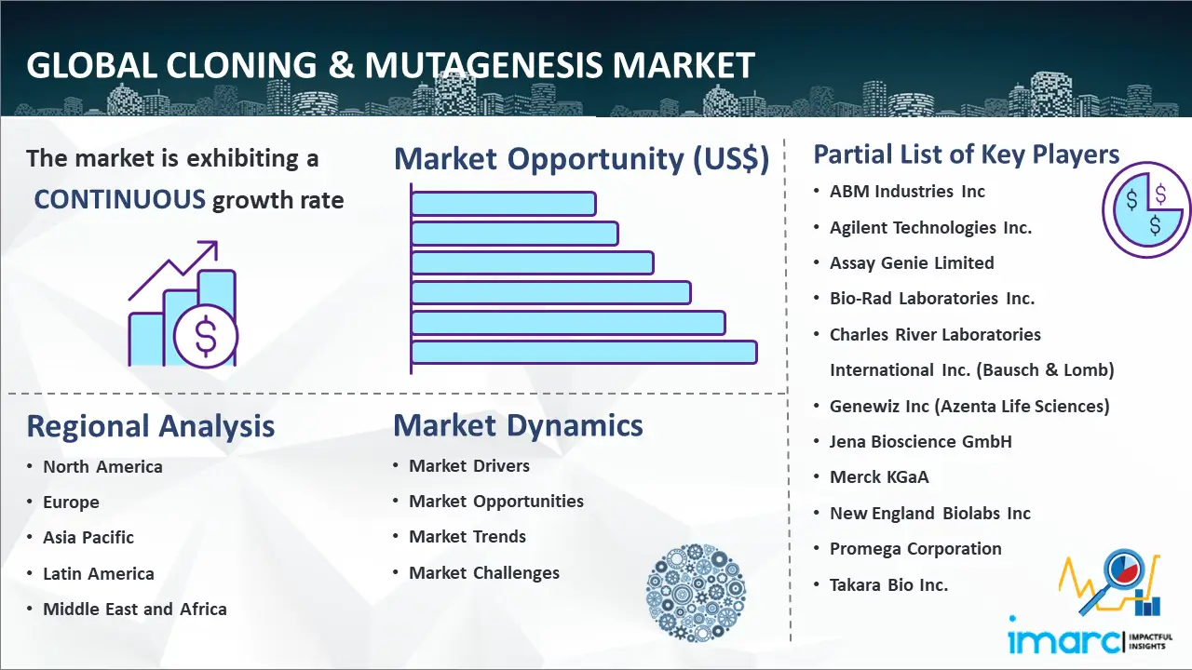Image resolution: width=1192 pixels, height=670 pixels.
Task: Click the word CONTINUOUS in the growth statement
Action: point(120,200)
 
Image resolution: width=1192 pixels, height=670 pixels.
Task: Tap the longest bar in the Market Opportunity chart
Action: point(584,353)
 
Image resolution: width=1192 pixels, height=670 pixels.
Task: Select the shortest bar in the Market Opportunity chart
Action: point(504,204)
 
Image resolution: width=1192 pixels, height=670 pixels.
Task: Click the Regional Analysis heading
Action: point(151,426)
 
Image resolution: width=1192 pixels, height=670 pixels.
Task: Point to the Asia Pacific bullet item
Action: point(88,538)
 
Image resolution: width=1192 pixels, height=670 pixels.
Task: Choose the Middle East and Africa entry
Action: point(135,609)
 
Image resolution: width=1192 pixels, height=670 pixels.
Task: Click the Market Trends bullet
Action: point(467,537)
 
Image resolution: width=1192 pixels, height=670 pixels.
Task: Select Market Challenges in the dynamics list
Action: point(484,572)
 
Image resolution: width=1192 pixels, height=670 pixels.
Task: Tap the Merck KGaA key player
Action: point(879,477)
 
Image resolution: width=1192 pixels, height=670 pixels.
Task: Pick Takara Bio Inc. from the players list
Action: point(888,585)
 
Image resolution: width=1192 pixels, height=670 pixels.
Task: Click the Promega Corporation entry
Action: point(915,549)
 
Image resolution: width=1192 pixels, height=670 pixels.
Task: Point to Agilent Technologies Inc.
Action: point(930,228)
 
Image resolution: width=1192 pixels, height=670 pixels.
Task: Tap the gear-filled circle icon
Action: point(696,593)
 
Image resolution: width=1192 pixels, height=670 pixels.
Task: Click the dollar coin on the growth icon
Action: point(206,336)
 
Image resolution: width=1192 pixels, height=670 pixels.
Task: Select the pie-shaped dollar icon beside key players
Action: point(1146,209)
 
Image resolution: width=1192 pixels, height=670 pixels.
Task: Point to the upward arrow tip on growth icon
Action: point(216,243)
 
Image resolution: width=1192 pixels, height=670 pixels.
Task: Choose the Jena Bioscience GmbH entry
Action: point(921,441)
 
